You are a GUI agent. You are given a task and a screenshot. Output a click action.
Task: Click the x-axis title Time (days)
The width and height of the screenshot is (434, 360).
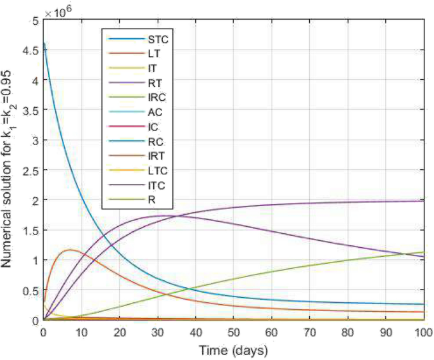tap(233, 350)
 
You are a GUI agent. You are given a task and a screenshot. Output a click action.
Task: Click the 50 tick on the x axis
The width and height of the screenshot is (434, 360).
tap(233, 332)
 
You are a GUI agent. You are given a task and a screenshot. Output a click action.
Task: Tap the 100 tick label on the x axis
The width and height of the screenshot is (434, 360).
tap(423, 332)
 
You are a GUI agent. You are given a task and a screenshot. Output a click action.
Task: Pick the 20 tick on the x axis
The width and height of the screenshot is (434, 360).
tap(119, 332)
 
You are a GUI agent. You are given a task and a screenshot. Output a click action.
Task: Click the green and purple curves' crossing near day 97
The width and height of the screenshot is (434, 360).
tap(412, 254)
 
